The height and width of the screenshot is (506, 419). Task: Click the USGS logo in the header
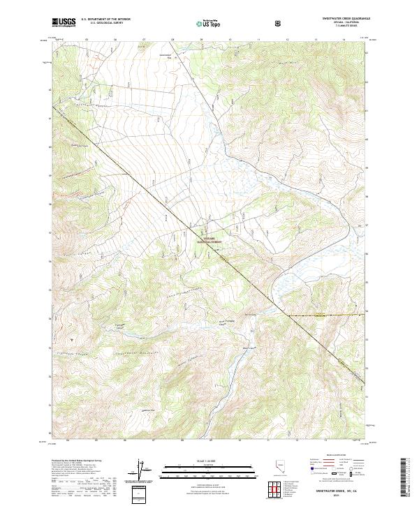[64, 23]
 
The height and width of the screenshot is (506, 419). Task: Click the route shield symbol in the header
[279, 24]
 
